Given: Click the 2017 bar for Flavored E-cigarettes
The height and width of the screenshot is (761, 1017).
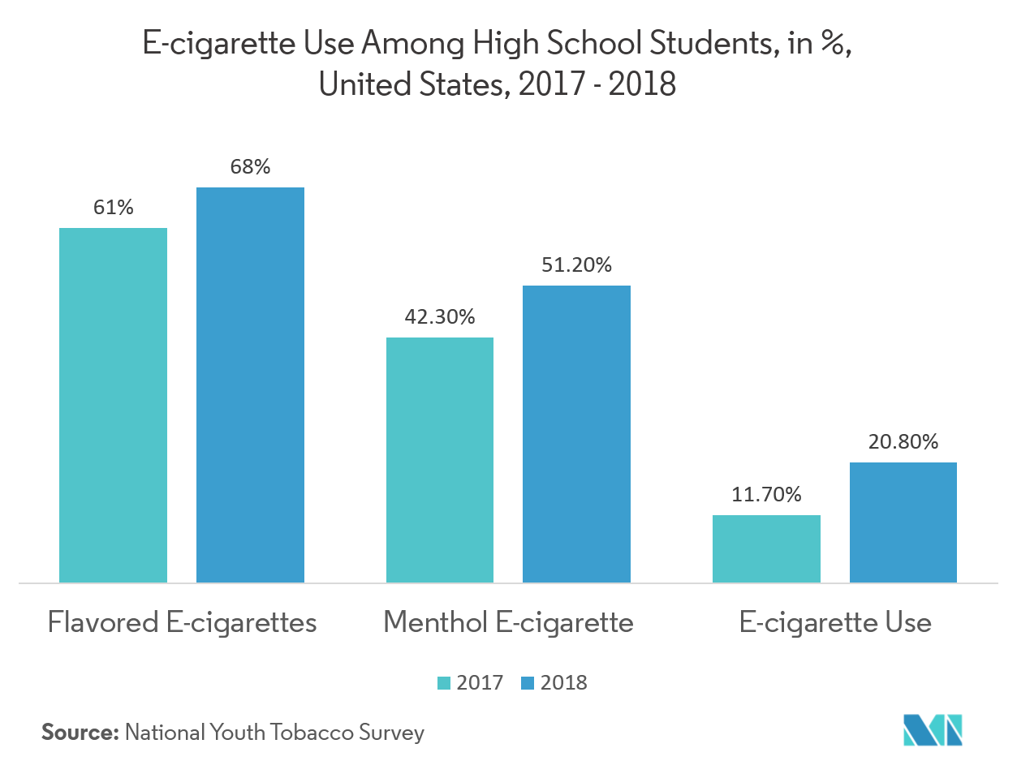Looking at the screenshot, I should [114, 405].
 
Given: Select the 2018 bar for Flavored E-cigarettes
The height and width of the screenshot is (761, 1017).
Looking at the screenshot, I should [250, 385].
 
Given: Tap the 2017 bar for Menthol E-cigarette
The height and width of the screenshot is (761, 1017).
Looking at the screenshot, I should [440, 459].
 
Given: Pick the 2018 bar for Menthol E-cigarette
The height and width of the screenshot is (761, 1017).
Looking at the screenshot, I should [576, 433].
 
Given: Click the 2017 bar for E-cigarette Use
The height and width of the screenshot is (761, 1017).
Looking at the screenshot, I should [766, 548].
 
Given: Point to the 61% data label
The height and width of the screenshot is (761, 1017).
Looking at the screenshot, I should [114, 208].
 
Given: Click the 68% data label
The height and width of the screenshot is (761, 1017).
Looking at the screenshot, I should [250, 167].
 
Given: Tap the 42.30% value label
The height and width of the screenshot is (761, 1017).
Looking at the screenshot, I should [440, 317].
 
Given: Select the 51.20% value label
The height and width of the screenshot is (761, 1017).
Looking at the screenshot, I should [577, 265].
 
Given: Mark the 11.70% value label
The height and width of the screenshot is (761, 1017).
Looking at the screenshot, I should [766, 494].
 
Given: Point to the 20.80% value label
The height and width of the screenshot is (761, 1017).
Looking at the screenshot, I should [903, 442].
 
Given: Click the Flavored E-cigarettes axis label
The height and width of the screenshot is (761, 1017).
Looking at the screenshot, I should [182, 623].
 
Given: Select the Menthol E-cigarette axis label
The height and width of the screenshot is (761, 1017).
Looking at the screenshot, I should [508, 623].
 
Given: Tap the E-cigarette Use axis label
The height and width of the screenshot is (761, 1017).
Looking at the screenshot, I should [835, 623].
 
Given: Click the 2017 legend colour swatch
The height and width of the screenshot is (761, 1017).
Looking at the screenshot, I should [444, 683].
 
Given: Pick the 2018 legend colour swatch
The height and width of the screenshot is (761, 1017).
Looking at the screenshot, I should [528, 683].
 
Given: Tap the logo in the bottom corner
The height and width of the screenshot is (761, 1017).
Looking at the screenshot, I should [933, 729].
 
